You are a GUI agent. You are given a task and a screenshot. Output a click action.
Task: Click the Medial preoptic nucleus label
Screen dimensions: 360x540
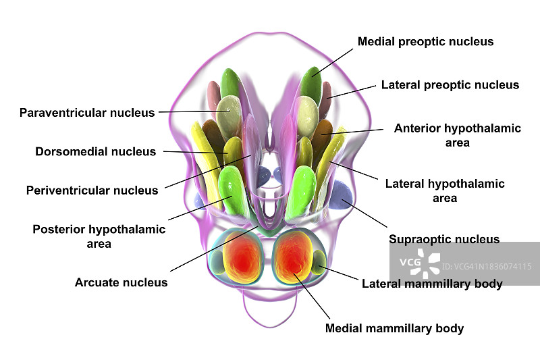coord(425,42)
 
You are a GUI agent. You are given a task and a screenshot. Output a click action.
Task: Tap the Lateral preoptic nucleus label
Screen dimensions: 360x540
coord(450,85)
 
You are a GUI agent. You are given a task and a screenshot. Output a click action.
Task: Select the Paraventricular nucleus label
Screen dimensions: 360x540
coord(87,113)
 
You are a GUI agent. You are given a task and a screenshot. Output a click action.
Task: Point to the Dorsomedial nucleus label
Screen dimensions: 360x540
coord(95,152)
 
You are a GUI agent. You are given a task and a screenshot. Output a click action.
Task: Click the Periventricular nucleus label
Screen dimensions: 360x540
coord(92,190)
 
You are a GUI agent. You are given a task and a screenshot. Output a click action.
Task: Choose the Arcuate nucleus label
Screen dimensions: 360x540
coord(121,282)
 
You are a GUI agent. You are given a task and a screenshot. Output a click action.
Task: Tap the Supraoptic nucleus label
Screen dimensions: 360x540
coord(444,239)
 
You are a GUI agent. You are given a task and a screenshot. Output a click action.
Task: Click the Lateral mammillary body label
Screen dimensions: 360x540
coord(432,284)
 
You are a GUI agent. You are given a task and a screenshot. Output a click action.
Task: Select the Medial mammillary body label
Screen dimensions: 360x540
coord(394,329)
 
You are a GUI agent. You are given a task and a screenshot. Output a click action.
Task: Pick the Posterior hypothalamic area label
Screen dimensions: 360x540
coord(99,236)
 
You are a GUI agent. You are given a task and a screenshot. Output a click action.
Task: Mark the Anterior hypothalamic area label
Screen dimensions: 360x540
coord(458,135)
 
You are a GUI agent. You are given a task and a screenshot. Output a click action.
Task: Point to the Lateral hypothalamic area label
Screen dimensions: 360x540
coord(445,190)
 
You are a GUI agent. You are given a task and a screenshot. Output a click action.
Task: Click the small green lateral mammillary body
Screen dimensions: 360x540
coord(317,261)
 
